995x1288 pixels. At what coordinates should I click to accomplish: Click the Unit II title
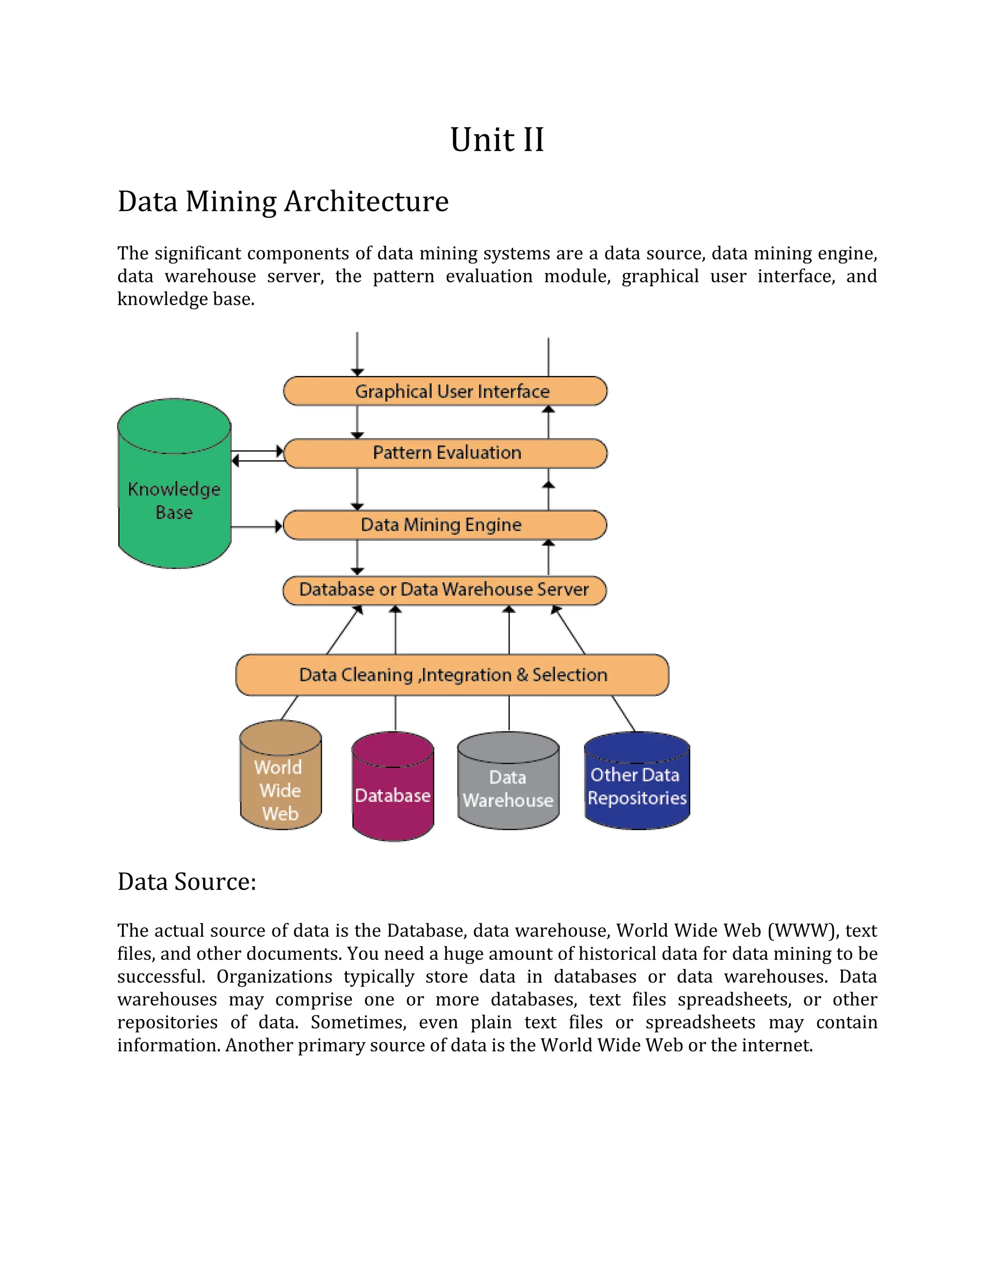497,140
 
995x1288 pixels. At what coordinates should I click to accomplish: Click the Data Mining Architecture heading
283,202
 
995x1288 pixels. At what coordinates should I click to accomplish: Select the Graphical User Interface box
446,391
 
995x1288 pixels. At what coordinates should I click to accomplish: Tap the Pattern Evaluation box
446,453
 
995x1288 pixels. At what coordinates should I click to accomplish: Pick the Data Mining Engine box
446,525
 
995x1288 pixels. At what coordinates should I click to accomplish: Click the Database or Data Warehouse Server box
445,590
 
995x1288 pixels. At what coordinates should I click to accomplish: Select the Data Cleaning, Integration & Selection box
452,675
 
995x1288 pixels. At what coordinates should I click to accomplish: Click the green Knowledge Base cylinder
174,489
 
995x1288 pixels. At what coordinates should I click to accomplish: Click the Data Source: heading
187,882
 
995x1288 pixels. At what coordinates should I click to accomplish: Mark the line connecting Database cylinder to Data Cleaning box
395,714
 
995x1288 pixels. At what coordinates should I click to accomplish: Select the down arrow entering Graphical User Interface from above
357,354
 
